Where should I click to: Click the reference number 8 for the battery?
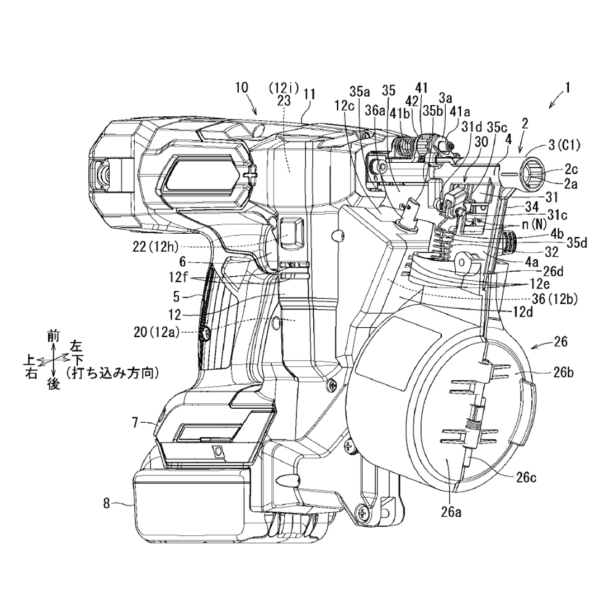(107, 503)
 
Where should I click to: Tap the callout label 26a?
(451, 512)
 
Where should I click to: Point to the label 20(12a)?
(157, 332)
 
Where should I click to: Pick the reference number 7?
(135, 423)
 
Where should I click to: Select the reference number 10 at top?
(242, 87)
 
